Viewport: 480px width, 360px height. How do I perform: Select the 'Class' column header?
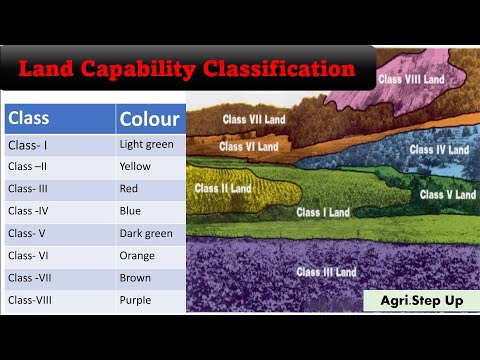(29, 119)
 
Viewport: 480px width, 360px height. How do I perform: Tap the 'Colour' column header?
(149, 120)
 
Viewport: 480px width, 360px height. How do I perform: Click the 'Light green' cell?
(146, 145)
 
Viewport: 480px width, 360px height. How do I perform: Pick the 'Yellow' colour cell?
(136, 167)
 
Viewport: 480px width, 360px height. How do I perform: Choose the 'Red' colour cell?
(130, 189)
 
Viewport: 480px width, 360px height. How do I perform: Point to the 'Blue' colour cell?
(131, 211)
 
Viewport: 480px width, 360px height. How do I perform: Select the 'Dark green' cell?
(146, 233)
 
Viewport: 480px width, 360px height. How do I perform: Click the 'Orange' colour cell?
(138, 255)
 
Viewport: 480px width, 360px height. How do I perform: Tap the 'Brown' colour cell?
(136, 277)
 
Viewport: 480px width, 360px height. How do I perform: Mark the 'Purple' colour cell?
(136, 299)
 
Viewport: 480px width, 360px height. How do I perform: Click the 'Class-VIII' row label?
(34, 299)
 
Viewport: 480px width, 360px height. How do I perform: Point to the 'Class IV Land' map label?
(439, 150)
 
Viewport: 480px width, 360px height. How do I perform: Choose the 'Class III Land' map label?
(326, 271)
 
